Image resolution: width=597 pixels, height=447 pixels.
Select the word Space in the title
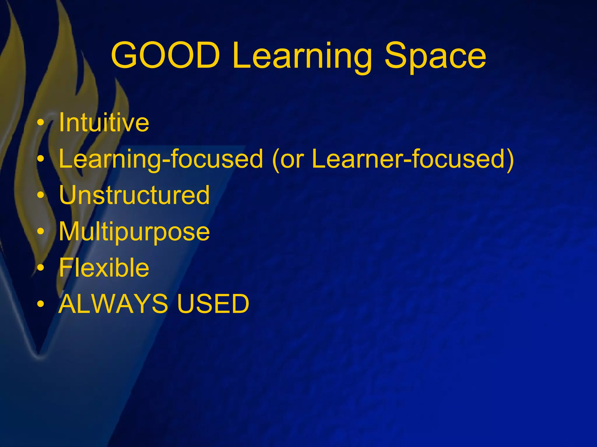point(435,57)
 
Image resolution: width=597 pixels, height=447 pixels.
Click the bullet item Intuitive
point(104,122)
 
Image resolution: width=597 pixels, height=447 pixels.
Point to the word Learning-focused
point(161,159)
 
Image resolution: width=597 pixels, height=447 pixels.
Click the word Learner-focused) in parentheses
point(412,159)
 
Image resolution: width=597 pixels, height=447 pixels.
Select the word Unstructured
point(134,195)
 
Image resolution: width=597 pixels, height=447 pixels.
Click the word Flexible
point(104,267)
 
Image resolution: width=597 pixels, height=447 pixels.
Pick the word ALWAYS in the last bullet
point(113,304)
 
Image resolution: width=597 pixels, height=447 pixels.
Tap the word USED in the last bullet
point(213,304)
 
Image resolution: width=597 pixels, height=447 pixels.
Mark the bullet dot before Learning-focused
point(41,159)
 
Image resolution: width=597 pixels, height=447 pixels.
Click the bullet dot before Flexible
point(41,268)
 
